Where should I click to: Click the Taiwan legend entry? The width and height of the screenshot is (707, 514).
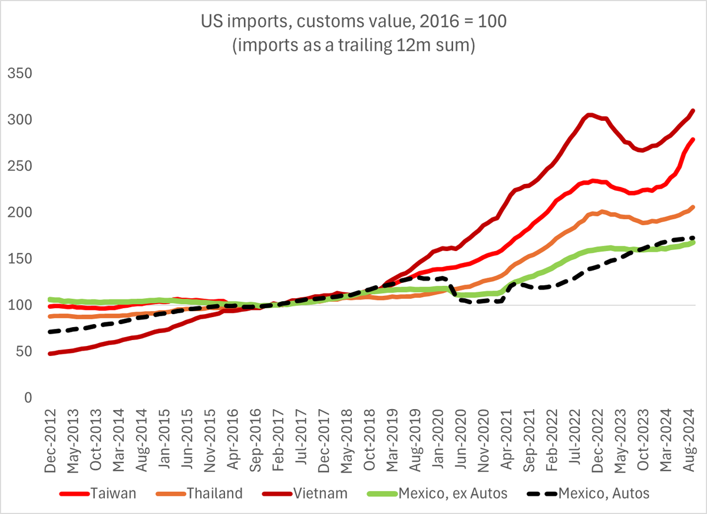(x=107, y=493)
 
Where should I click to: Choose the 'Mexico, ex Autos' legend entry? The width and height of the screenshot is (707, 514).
(x=451, y=493)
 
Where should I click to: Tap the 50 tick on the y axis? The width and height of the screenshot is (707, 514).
(x=22, y=352)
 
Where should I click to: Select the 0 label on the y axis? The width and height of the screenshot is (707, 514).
(x=27, y=398)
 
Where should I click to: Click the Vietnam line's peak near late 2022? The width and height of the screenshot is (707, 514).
(x=590, y=114)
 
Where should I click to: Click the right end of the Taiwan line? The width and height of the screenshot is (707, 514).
(x=693, y=140)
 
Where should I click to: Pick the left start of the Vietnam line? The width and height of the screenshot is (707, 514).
(x=50, y=354)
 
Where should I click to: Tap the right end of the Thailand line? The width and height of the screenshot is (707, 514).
(x=693, y=207)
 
